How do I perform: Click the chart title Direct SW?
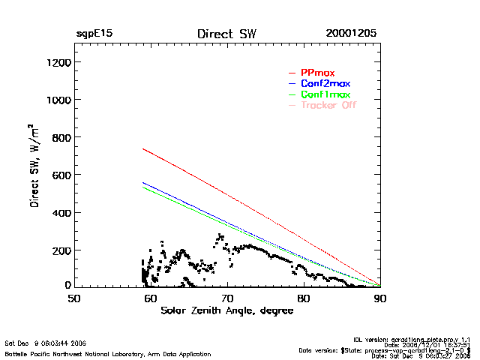click(x=226, y=34)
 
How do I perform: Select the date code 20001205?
click(x=351, y=34)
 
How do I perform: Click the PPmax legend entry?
click(x=317, y=73)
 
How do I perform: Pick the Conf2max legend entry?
click(x=325, y=83)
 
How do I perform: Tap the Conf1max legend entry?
click(x=325, y=94)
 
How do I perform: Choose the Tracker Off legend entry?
click(x=328, y=105)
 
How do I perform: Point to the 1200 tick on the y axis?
click(x=58, y=62)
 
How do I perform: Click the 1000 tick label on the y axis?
click(x=58, y=100)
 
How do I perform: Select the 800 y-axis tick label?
click(x=61, y=137)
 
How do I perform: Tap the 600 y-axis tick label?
click(x=61, y=175)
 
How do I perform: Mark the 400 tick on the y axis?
click(x=61, y=212)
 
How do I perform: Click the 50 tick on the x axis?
click(x=74, y=298)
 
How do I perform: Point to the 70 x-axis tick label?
click(x=227, y=298)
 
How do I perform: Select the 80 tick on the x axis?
click(x=304, y=298)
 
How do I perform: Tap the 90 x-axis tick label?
click(x=380, y=298)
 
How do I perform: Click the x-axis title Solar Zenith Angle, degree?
click(x=226, y=311)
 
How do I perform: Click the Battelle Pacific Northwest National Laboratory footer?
click(x=107, y=353)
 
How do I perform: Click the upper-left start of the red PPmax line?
click(x=142, y=148)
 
